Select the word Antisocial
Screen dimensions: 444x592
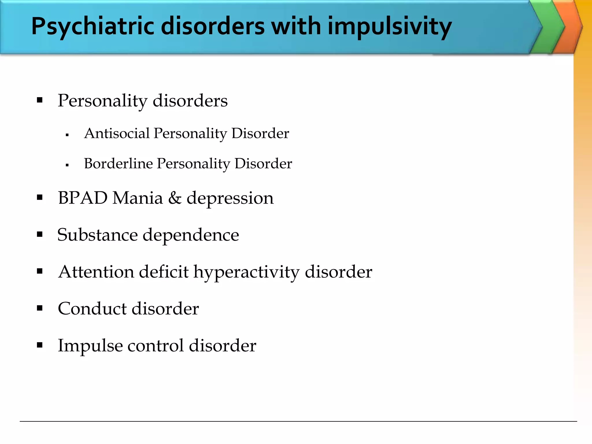pos(117,134)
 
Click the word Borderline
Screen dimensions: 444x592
pos(118,164)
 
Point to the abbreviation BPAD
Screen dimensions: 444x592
pos(83,198)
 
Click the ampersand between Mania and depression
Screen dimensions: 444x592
pos(175,198)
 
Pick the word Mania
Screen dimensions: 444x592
pos(138,198)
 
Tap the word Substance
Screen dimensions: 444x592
pos(97,235)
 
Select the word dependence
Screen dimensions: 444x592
pos(191,235)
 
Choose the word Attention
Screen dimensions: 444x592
pos(96,272)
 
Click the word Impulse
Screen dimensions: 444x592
pos(90,346)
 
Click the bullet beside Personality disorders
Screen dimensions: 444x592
pos(40,100)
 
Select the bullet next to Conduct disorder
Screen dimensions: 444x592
pos(40,308)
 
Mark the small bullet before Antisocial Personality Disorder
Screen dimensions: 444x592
pos(67,135)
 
